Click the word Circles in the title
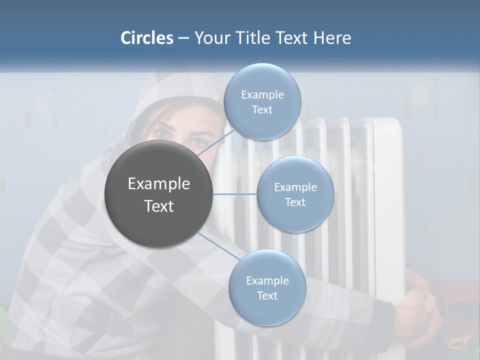[147, 38]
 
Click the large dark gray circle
[159, 194]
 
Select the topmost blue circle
[262, 102]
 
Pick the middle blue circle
[295, 194]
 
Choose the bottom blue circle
[267, 288]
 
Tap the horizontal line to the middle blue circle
[235, 194]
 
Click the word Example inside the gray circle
[159, 184]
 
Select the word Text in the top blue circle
[262, 110]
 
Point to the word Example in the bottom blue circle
[267, 280]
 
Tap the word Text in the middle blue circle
[295, 202]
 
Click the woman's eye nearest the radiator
[198, 142]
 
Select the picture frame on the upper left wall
[41, 106]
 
